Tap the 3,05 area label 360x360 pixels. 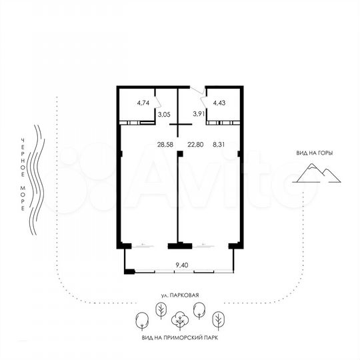pyautogui.click(x=163, y=115)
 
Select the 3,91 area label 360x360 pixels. pyautogui.click(x=199, y=115)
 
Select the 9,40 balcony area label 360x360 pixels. pyautogui.click(x=181, y=265)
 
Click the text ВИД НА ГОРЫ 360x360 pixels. pyautogui.click(x=315, y=153)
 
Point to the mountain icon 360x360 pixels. pyautogui.click(x=317, y=173)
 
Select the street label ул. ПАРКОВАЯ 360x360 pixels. pyautogui.click(x=180, y=294)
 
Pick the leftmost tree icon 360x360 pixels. pyautogui.click(x=141, y=321)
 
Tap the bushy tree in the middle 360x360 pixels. pyautogui.click(x=179, y=321)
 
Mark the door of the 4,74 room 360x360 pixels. pyautogui.click(x=157, y=102)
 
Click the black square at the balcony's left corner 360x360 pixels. pyautogui.click(x=129, y=271)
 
